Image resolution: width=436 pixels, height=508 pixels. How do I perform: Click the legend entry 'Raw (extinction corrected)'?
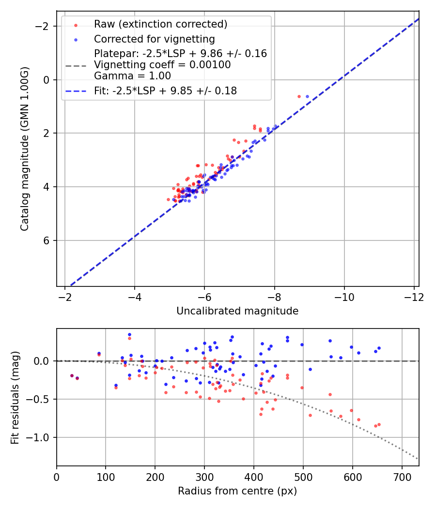160,24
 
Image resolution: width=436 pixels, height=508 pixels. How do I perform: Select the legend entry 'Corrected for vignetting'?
154,39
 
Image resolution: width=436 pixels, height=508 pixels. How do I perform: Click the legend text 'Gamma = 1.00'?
132,75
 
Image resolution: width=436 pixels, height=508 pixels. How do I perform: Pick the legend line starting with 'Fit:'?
165,90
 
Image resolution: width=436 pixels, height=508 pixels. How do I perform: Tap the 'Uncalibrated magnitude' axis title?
237,311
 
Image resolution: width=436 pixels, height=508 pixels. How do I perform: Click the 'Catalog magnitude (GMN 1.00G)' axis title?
25,149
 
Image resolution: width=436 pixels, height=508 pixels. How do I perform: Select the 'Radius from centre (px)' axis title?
237,491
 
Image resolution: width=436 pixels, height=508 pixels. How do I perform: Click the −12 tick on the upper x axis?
414,296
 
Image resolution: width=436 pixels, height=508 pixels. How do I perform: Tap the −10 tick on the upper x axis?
344,296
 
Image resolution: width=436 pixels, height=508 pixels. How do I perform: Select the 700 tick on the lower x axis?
402,476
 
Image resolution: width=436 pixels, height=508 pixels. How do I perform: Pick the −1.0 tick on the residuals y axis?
41,437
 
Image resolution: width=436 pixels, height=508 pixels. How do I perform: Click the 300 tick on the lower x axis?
204,476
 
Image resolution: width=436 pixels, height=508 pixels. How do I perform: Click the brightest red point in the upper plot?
299,96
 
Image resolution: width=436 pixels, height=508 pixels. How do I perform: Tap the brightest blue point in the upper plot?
307,96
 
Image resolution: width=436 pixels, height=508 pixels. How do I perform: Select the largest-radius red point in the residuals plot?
379,424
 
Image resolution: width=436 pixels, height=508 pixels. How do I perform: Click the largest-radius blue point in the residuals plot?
379,348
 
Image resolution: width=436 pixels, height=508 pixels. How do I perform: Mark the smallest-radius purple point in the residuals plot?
72,375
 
